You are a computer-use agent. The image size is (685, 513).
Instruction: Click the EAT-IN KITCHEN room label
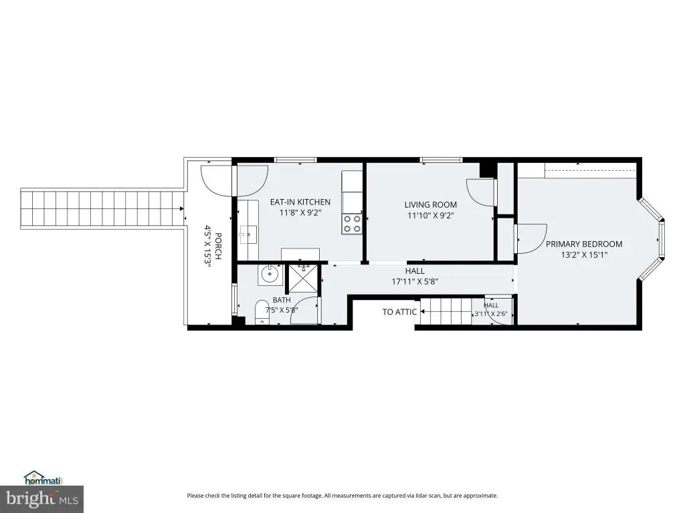point(300,202)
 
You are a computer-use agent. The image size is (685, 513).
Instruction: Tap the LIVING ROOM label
point(431,204)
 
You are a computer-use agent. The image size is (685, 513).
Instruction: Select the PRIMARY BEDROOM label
point(584,244)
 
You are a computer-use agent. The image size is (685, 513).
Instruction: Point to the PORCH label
point(218,246)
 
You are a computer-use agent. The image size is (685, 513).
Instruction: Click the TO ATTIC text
point(399,312)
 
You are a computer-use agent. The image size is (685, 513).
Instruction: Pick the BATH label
point(282,300)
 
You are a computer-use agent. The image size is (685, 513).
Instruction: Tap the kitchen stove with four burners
point(352,223)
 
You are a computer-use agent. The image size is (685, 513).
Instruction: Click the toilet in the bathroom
point(262,312)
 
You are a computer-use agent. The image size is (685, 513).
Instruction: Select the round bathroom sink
point(270,275)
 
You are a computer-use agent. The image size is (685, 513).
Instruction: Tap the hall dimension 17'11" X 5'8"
point(415,282)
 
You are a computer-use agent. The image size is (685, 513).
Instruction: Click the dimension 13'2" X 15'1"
point(584,255)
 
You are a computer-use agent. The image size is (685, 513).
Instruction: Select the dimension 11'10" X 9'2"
point(431,216)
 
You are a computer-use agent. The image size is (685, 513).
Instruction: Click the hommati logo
point(43,478)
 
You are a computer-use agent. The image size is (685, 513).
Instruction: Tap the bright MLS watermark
point(41,499)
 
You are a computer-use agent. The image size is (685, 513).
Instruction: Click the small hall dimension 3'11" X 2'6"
point(491,313)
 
